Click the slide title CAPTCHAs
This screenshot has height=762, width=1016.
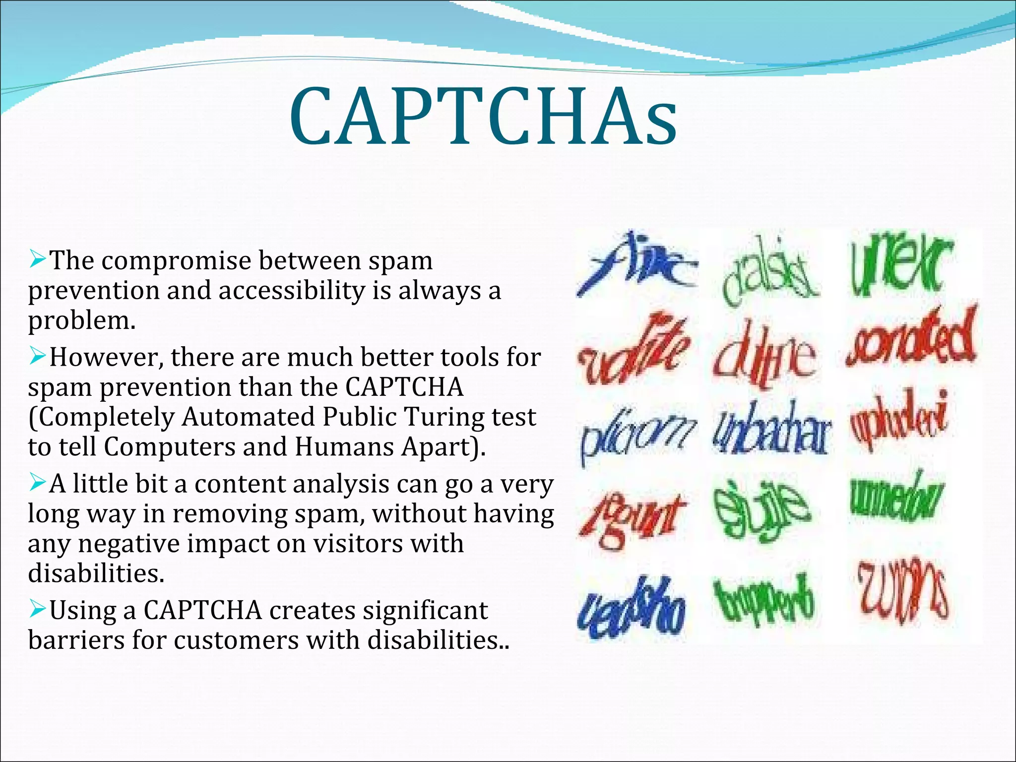pos(484,117)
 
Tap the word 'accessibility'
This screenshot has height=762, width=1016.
pos(291,291)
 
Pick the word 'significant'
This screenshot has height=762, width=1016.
pos(425,610)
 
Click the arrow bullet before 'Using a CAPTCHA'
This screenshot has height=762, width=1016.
pos(37,608)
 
